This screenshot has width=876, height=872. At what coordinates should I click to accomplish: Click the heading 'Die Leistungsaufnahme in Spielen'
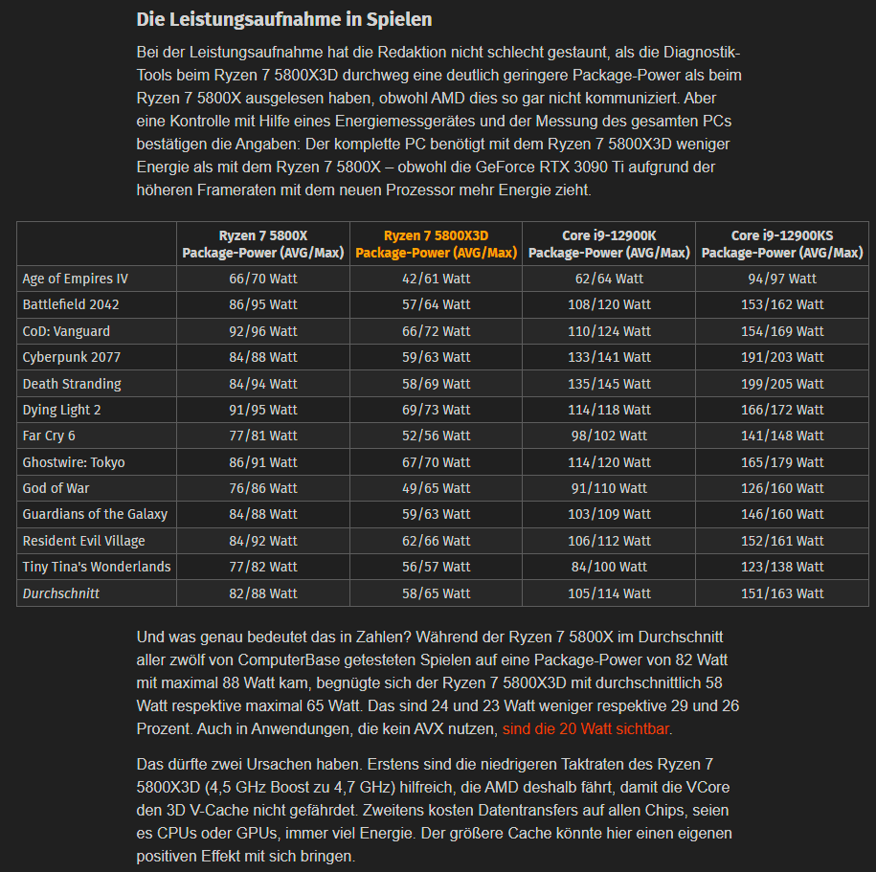284,19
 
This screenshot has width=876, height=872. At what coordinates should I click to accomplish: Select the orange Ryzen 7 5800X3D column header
436,244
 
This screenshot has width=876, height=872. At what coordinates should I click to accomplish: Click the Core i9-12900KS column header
781,244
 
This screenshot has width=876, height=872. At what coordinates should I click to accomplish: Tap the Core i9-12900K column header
608,244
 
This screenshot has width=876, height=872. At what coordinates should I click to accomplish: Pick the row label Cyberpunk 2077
72,357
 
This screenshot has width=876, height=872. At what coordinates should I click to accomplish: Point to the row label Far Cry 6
49,436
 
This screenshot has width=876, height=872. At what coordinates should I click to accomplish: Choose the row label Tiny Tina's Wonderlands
97,567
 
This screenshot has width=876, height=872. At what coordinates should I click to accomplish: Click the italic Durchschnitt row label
61,593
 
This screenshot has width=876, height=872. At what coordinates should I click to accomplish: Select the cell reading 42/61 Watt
436,279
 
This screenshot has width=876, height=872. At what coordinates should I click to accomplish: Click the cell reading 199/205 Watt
781,384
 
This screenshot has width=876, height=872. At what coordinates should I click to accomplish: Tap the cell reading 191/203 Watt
781,357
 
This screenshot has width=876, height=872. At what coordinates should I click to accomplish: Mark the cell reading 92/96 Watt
263,331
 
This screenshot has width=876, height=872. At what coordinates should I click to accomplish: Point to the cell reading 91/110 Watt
608,488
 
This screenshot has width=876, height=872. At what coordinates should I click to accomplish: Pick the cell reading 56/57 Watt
436,567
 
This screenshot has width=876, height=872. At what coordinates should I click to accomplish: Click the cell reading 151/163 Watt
781,593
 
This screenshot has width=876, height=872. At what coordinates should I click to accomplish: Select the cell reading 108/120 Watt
608,304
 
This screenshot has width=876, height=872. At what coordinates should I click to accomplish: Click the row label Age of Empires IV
75,279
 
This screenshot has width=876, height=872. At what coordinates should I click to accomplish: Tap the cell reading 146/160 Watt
781,514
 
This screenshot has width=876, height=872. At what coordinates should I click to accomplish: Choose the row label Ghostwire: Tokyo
74,462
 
